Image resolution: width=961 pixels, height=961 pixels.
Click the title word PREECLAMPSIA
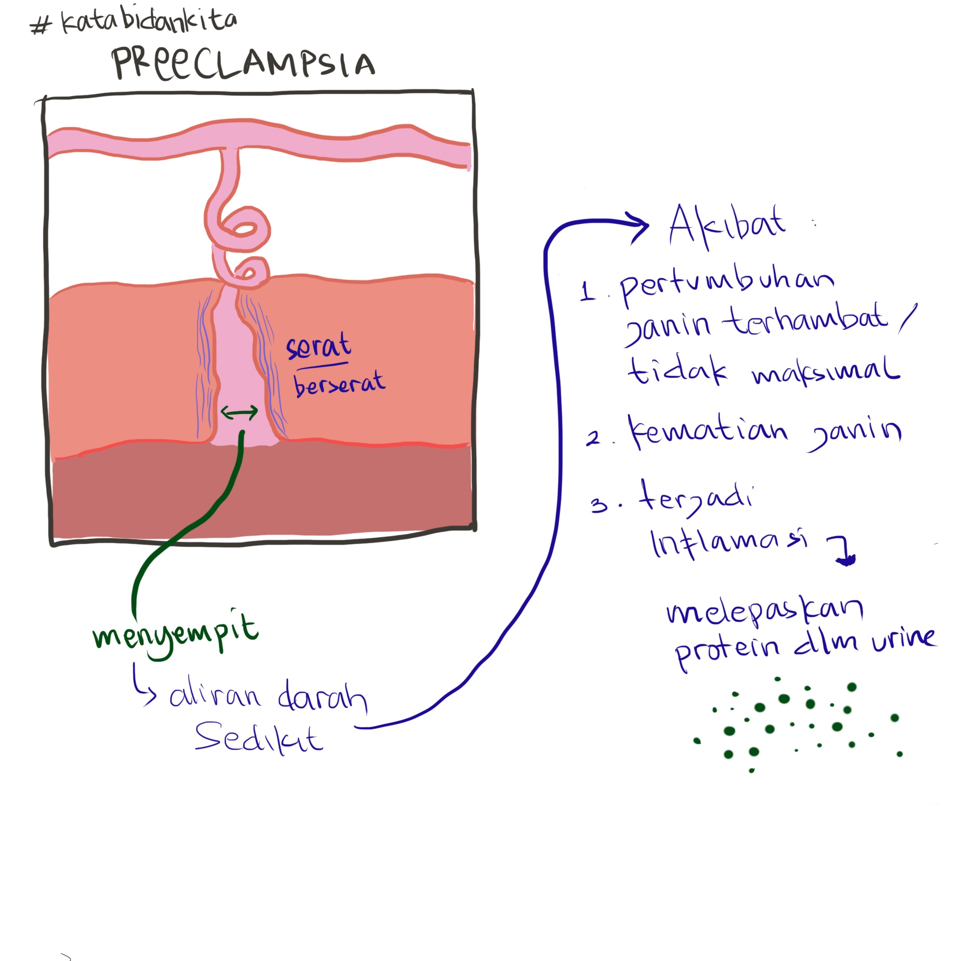click(244, 64)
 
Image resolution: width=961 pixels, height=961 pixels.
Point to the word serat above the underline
click(318, 345)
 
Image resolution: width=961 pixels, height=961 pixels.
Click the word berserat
click(339, 384)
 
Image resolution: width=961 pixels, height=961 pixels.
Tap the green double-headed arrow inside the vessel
click(239, 412)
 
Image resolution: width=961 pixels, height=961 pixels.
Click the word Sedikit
click(259, 738)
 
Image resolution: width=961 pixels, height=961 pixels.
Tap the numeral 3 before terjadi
click(599, 505)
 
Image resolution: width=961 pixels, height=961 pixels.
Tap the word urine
click(904, 639)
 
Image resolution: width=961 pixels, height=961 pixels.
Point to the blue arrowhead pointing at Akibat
click(639, 227)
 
